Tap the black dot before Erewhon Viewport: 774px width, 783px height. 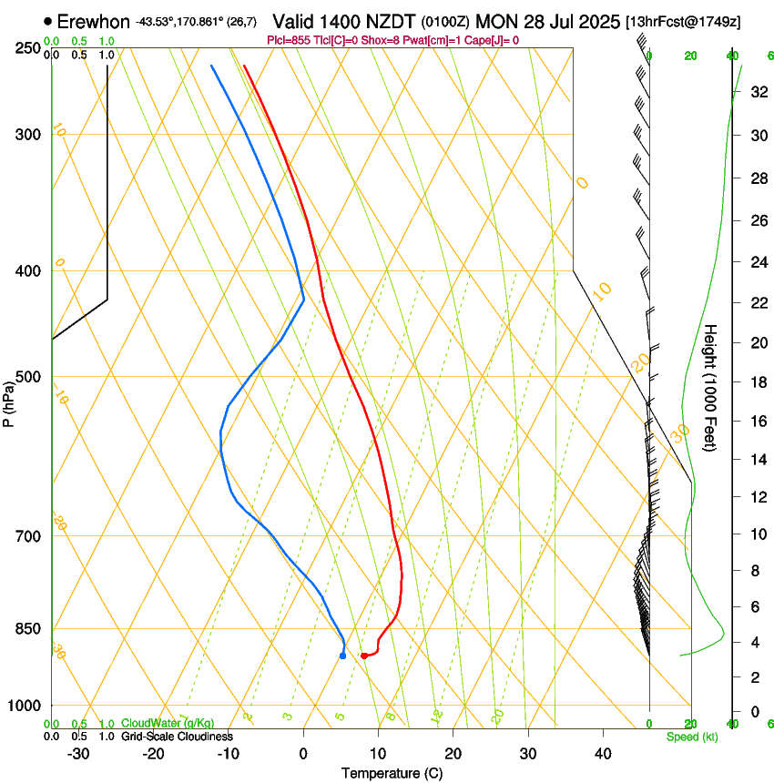[x=48, y=21]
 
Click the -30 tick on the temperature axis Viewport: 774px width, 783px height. [x=78, y=753]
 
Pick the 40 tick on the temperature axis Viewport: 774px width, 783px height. [x=603, y=753]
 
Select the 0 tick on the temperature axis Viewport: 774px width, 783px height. [x=303, y=753]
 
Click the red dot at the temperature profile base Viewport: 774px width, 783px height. [x=363, y=656]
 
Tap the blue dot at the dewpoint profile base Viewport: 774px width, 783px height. [x=342, y=655]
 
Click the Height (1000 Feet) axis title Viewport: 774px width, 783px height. [x=711, y=388]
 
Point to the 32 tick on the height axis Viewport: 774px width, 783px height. [x=757, y=92]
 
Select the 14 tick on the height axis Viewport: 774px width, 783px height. [x=757, y=461]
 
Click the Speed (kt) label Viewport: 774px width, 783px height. [x=692, y=737]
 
